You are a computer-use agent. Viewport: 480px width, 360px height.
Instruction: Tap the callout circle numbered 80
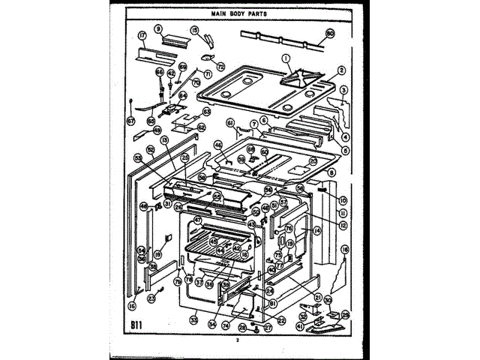(x=330, y=33)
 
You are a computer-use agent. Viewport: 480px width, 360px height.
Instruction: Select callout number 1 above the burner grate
(x=286, y=58)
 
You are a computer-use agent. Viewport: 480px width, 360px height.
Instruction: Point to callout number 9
(x=159, y=29)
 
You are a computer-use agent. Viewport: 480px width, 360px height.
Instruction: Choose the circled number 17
(x=142, y=35)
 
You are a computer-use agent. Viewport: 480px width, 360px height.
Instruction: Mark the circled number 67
(x=130, y=120)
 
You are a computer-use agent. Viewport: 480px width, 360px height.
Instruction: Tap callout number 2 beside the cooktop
(x=340, y=70)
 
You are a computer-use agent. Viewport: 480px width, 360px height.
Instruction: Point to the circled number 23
(x=151, y=298)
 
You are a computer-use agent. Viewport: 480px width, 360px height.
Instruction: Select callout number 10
(x=343, y=200)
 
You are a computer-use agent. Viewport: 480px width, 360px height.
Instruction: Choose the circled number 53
(x=138, y=158)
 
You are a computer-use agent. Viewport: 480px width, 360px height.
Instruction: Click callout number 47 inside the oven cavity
(x=198, y=220)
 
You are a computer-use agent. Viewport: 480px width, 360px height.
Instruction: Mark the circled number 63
(x=206, y=111)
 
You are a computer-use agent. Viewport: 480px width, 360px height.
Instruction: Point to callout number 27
(x=267, y=327)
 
